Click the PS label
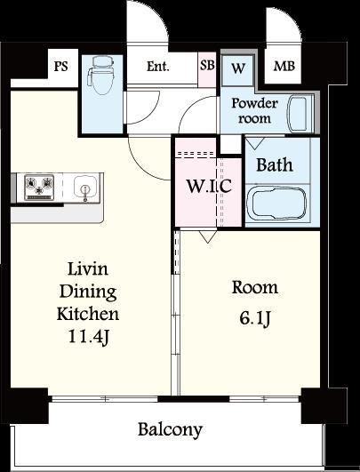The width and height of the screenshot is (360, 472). coord(60,66)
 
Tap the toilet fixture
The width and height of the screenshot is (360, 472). coord(100,76)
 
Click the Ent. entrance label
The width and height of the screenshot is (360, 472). coord(157,67)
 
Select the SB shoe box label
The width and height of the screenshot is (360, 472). coord(207,65)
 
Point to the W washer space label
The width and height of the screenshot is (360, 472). coord(238,68)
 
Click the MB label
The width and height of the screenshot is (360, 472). coord(284,66)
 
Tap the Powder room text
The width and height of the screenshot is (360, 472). coord(254,111)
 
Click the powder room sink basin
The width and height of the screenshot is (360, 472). coord(298,114)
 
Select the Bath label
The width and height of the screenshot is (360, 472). coord(275,165)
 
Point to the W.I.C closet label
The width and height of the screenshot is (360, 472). coord(209,186)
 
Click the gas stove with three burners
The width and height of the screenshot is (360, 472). coord(39,188)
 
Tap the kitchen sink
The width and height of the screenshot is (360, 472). coord(85,188)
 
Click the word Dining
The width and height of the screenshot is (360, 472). coord(88,292)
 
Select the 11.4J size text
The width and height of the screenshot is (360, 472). coord(89,336)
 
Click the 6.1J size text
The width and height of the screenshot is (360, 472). coord(254,318)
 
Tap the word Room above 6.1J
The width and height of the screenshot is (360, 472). coord(254,287)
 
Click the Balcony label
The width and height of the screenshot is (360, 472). coord(170,430)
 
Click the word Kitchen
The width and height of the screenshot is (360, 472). coord(88,314)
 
